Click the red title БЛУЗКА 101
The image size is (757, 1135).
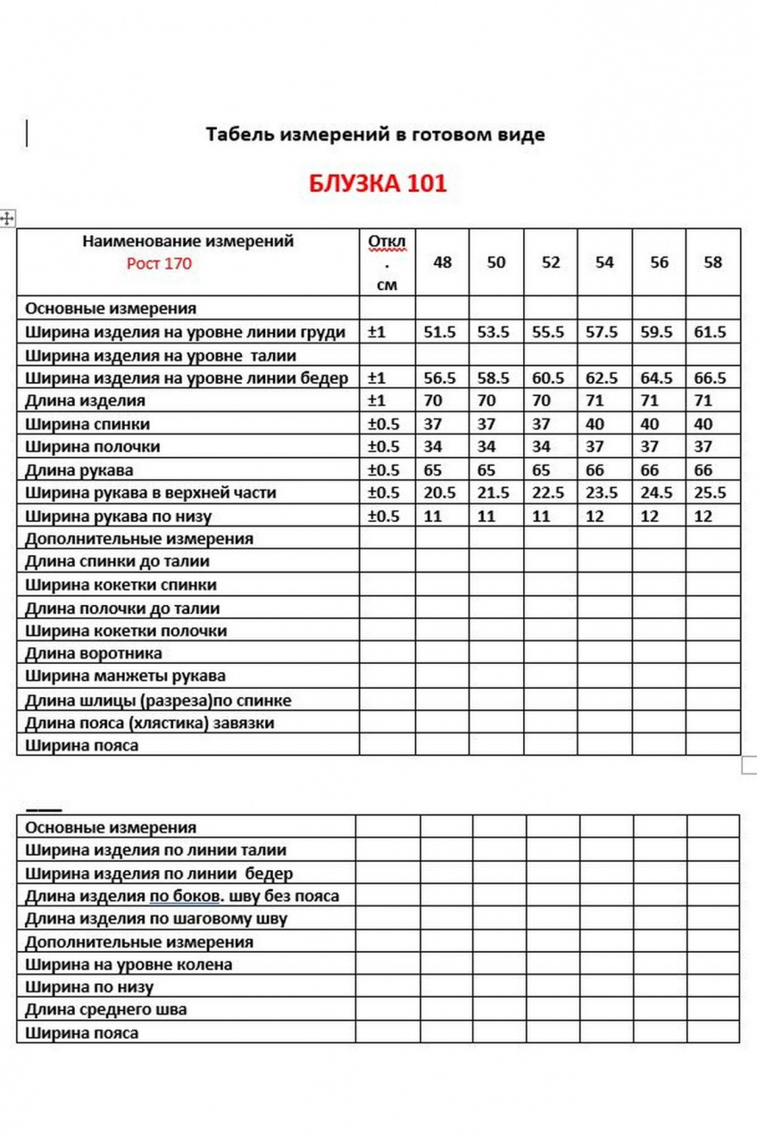pos(378,185)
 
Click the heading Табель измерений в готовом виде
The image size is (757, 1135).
pos(375,135)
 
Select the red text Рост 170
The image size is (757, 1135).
pos(159,263)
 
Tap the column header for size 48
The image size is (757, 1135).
pos(443,262)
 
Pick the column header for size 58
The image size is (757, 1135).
pos(712,262)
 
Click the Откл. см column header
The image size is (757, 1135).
pos(387,263)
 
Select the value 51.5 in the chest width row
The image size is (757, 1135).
pos(440,332)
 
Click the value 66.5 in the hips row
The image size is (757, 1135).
pos(711,378)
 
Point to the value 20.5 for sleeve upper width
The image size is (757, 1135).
pos(440,493)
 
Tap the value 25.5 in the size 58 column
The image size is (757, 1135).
pos(711,493)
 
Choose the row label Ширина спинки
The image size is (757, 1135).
pos(87,424)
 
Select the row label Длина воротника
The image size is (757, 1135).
pos(94,653)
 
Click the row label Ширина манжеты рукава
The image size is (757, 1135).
pos(125,675)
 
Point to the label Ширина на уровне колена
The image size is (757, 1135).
pos(129,964)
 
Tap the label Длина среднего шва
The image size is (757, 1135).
pos(106,1010)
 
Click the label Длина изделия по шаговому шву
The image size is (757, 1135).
pos(156,918)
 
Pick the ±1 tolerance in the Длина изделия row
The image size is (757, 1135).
pos(376,401)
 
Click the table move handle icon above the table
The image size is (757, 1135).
pos(8,218)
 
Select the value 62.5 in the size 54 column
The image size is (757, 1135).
pos(604,378)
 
